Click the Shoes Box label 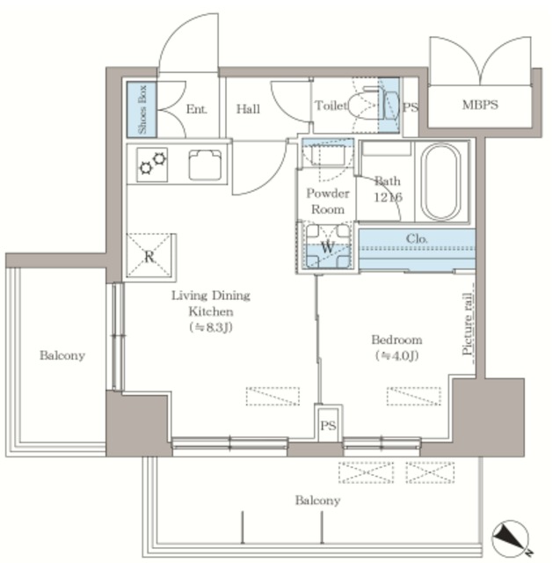point(142,109)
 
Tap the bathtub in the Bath point(441,182)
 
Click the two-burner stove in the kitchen point(152,165)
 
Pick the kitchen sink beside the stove point(205,165)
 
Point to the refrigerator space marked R point(149,256)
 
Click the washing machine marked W point(327,246)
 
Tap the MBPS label point(480,105)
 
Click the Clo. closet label point(417,238)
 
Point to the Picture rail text point(468,325)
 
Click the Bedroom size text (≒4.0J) point(396,355)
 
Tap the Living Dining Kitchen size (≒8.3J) point(211,327)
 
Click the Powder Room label point(328,201)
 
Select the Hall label point(248,109)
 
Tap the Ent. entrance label point(197,109)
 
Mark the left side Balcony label point(62,355)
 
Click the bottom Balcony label point(318,501)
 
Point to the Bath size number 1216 point(389,197)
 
